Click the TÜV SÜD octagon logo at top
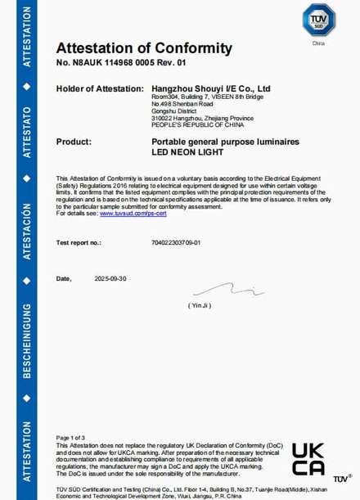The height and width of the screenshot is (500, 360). coord(318,20)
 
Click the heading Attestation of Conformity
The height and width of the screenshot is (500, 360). coord(144,48)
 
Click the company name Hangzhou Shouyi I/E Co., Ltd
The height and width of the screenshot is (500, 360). coord(212,88)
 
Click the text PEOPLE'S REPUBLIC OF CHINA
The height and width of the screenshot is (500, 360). coord(191,125)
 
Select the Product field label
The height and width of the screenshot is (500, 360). coord(73,142)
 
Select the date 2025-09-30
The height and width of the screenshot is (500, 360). coord(112,279)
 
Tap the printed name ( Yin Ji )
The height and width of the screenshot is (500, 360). coord(200,305)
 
